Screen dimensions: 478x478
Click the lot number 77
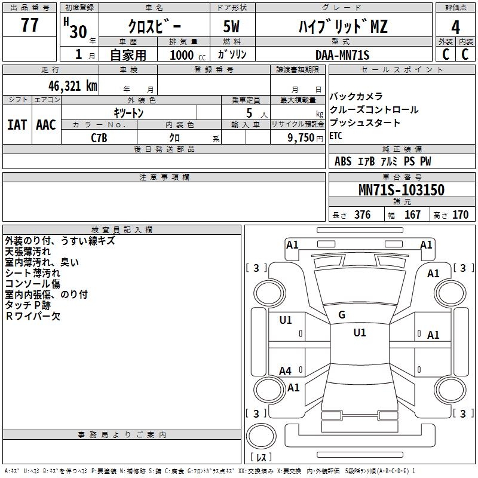(29, 25)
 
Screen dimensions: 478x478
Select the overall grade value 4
(455, 27)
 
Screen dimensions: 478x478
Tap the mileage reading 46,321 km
(72, 86)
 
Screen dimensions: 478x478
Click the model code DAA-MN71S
(342, 55)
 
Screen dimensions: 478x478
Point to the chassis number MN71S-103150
(402, 189)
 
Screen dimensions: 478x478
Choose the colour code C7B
(99, 138)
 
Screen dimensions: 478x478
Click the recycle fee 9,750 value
(301, 138)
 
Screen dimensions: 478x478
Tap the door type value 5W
(231, 26)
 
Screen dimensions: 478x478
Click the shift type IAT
(17, 125)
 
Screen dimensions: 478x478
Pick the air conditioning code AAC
(46, 125)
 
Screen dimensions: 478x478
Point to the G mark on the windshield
(342, 315)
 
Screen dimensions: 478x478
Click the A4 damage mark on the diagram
(285, 370)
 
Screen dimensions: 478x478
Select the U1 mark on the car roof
(360, 332)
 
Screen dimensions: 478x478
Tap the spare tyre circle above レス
(261, 436)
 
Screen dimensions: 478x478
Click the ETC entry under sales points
(336, 136)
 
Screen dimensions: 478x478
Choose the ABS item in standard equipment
(343, 161)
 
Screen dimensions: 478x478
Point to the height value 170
(460, 215)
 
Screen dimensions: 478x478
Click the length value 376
(363, 215)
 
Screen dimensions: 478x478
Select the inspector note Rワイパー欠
(33, 316)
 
